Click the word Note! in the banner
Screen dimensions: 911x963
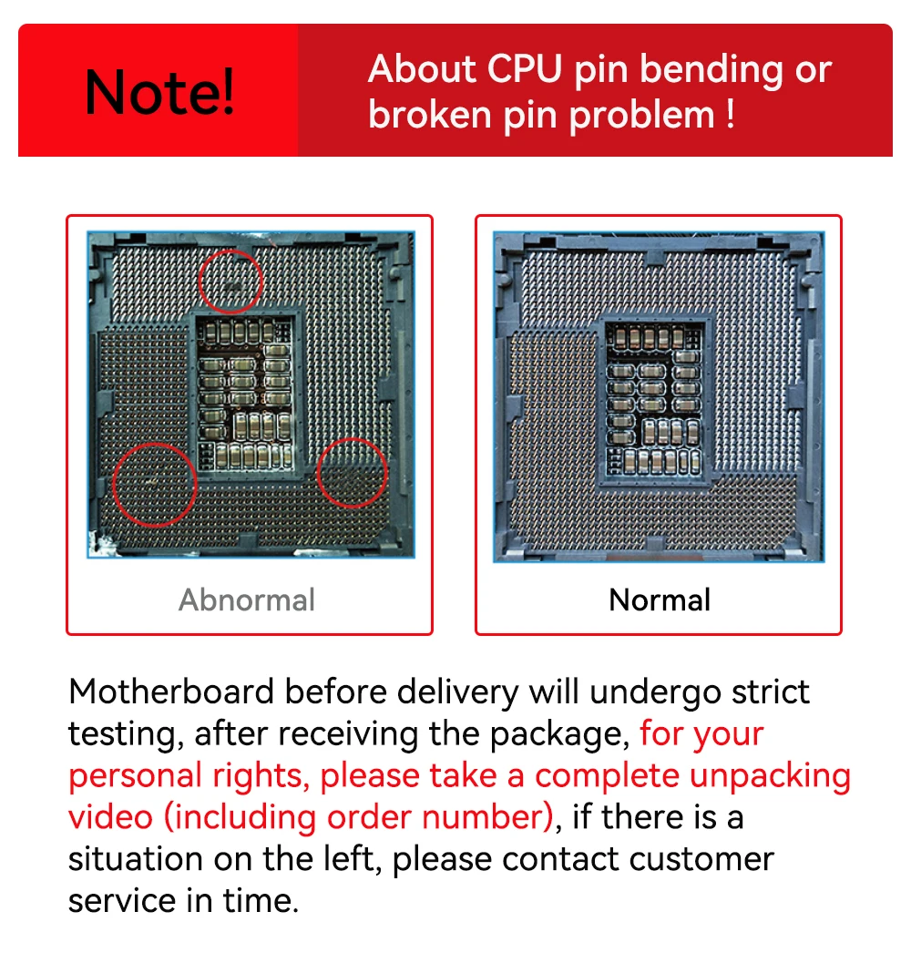coord(159,92)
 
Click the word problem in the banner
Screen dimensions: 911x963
coord(642,117)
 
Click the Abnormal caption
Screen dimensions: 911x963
coord(247,599)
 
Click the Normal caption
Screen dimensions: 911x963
coord(660,599)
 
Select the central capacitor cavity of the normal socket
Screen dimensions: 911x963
coord(654,399)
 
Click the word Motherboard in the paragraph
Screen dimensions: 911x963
coord(170,692)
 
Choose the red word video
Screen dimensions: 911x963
coord(110,817)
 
